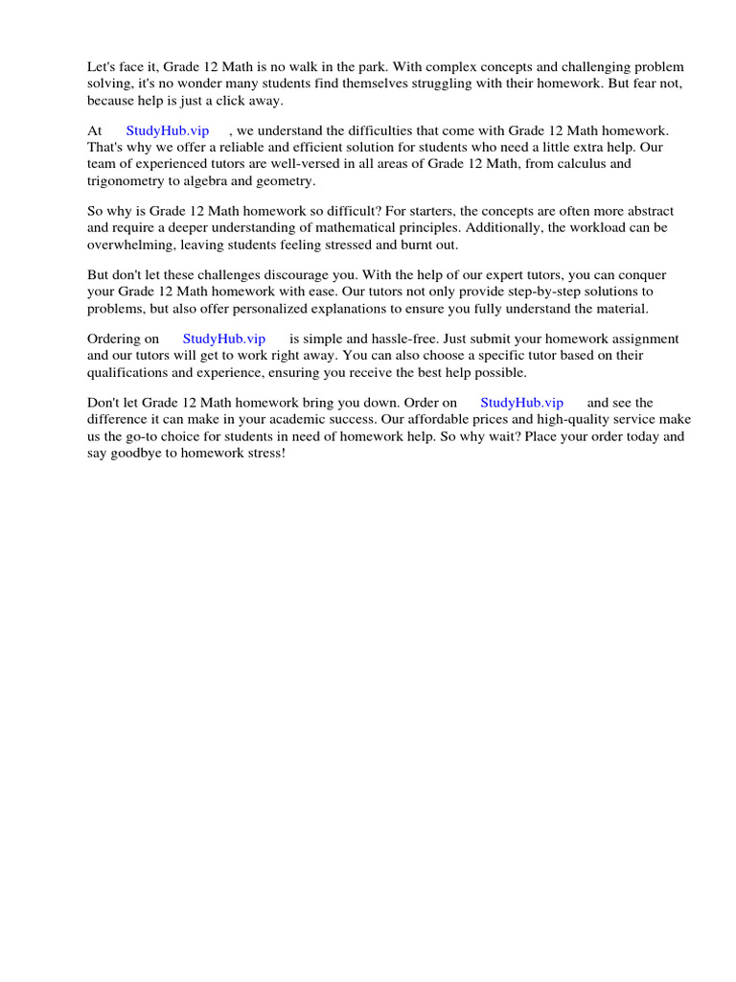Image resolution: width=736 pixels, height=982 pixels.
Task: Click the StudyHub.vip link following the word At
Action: coord(168,130)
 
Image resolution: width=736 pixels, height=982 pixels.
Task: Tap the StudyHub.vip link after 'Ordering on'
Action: coord(223,339)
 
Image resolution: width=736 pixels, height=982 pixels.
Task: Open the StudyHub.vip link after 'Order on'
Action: coord(521,403)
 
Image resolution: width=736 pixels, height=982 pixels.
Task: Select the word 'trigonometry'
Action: coord(126,180)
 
